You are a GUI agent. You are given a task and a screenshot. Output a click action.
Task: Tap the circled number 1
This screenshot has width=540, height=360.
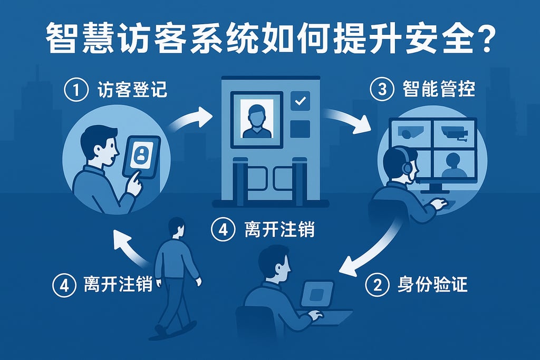click(76, 90)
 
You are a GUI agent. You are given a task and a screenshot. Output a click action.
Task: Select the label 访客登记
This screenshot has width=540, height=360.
click(132, 90)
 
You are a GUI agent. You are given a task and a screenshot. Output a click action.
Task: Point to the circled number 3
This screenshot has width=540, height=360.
click(382, 89)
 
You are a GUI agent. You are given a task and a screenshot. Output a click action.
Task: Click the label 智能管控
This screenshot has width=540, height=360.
click(439, 89)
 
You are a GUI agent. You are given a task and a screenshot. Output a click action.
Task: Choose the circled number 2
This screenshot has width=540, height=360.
click(377, 285)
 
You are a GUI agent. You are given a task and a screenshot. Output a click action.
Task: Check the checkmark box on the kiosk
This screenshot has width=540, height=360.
click(300, 101)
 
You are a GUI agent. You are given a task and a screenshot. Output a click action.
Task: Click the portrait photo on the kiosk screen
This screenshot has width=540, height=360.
click(257, 119)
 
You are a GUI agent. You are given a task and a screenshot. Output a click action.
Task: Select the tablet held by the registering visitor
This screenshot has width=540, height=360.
click(141, 157)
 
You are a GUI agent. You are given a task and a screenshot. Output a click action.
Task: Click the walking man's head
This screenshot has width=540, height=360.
click(177, 227)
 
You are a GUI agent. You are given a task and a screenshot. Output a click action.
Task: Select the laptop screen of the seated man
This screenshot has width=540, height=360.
click(317, 294)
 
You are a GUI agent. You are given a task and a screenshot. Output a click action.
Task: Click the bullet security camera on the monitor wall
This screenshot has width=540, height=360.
click(455, 132)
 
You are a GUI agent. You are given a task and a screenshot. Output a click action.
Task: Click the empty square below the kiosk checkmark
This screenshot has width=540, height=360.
click(300, 129)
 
